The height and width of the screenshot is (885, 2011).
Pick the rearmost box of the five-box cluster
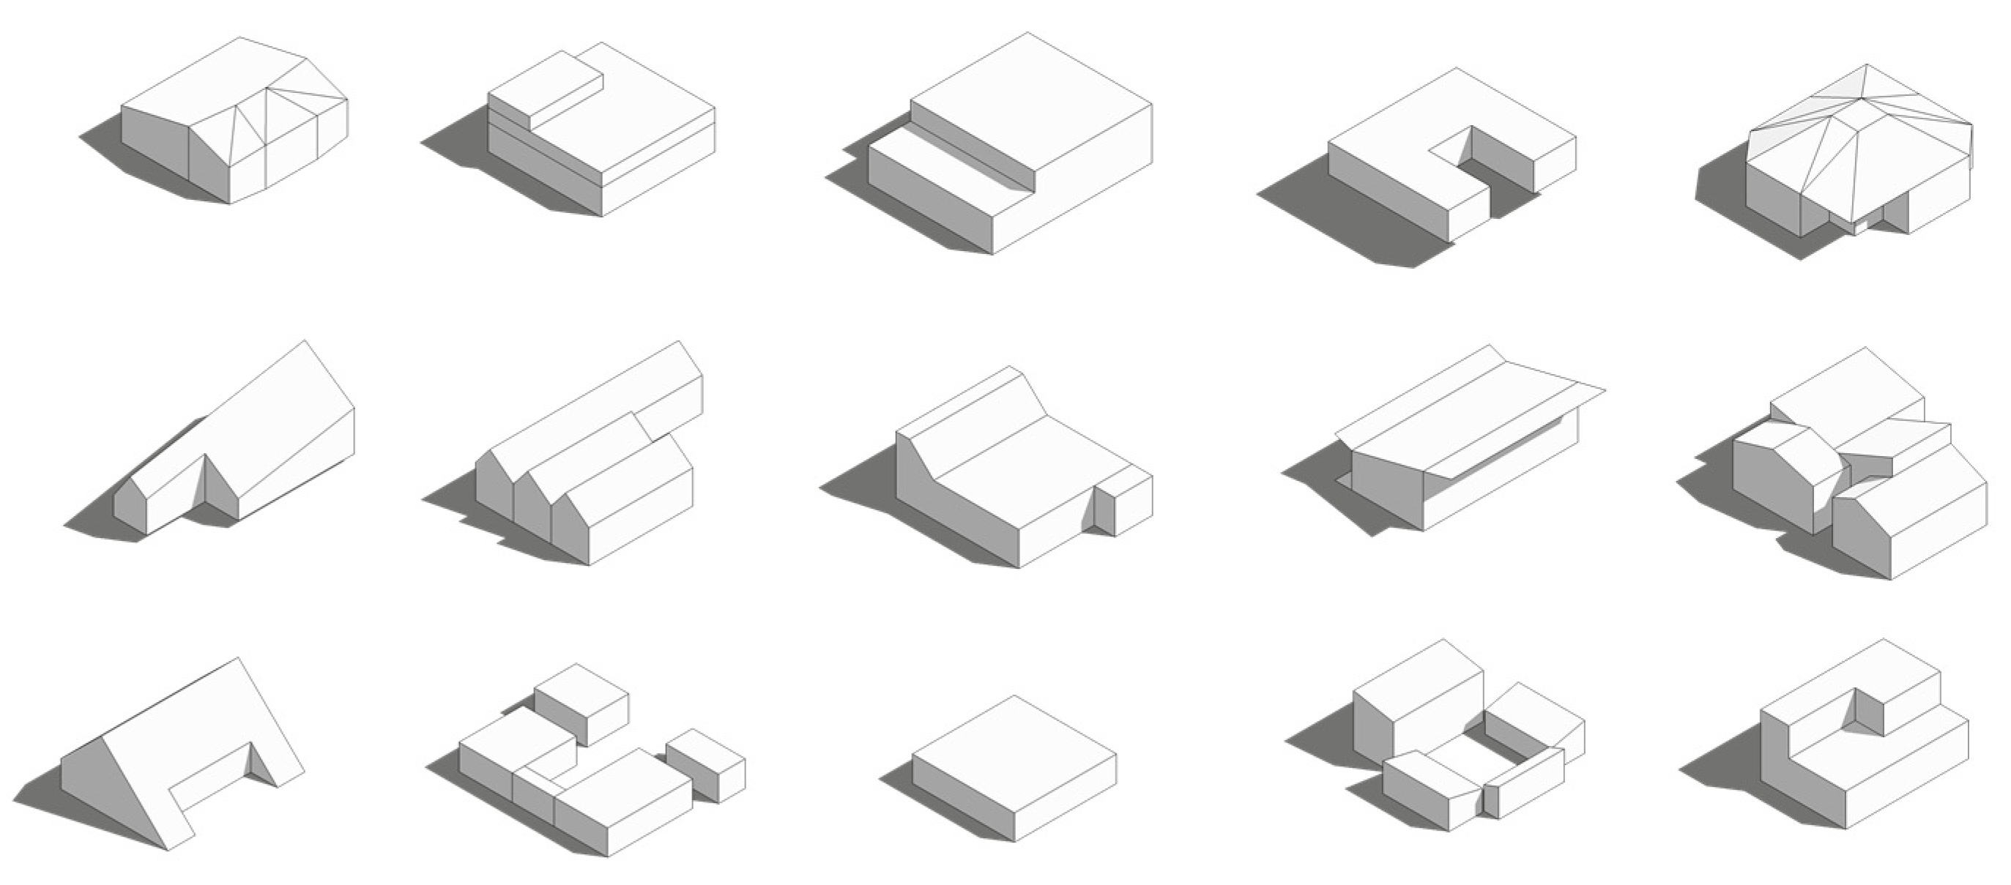tap(581, 703)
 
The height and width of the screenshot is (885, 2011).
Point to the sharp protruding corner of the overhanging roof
tap(1604, 389)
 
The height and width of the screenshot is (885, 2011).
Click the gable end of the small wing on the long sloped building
tap(130, 504)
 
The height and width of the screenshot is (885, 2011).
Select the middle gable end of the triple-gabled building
tap(533, 507)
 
